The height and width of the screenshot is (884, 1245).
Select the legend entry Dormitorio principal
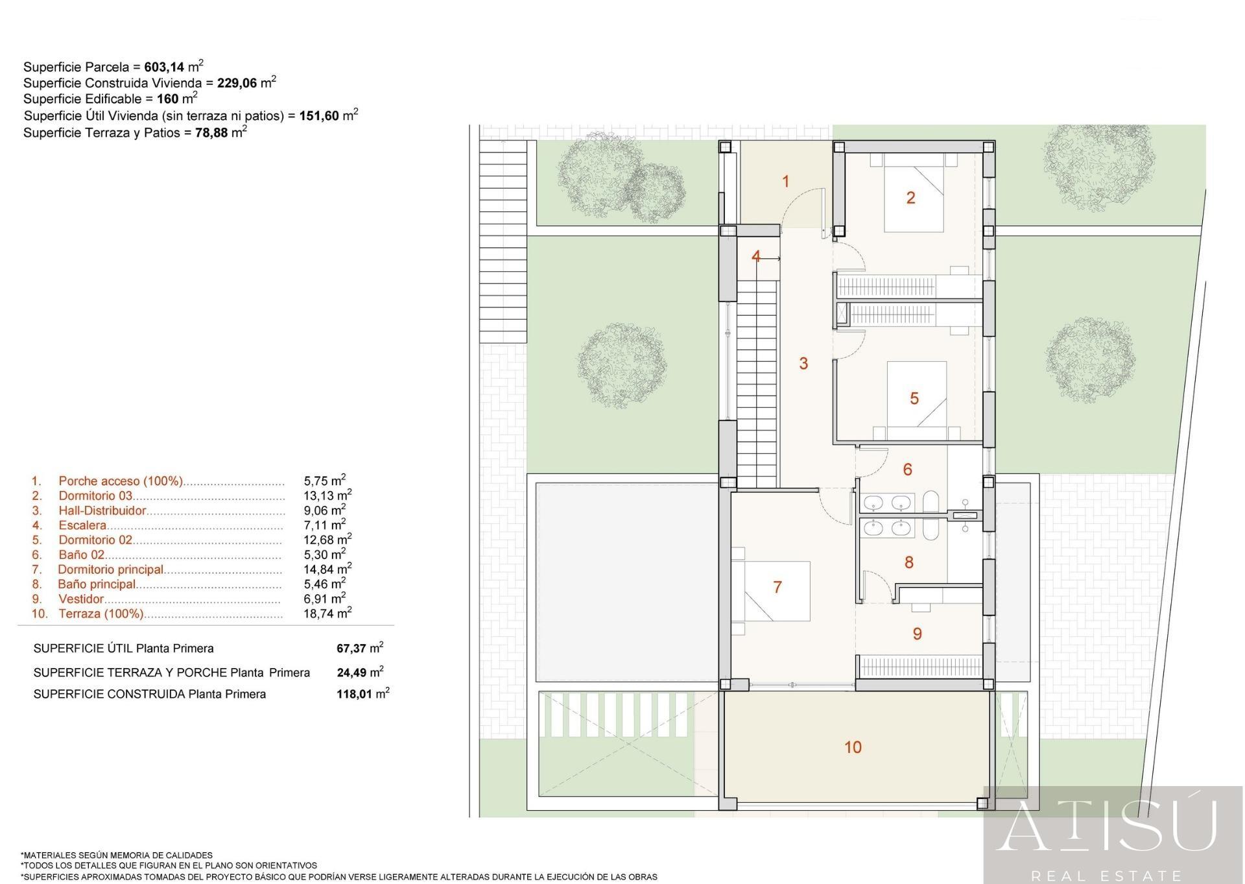click(110, 569)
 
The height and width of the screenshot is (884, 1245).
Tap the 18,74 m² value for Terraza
click(327, 613)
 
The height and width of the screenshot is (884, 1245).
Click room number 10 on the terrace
click(853, 747)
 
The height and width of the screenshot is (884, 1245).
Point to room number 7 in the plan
click(777, 587)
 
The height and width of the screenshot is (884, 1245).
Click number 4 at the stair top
click(756, 257)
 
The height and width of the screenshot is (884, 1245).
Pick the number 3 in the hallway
click(803, 363)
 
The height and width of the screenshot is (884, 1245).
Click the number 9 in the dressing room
click(917, 634)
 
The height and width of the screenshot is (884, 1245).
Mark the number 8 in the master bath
click(908, 562)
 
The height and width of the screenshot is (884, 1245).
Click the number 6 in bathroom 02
click(907, 469)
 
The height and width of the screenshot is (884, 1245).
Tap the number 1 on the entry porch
click(786, 182)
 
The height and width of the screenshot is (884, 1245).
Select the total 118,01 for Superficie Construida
click(354, 694)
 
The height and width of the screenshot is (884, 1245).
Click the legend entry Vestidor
click(81, 599)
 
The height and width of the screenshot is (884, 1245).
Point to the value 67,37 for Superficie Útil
click(351, 649)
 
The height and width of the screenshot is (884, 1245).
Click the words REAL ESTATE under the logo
click(1107, 876)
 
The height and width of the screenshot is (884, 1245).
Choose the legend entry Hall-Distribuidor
click(102, 510)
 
